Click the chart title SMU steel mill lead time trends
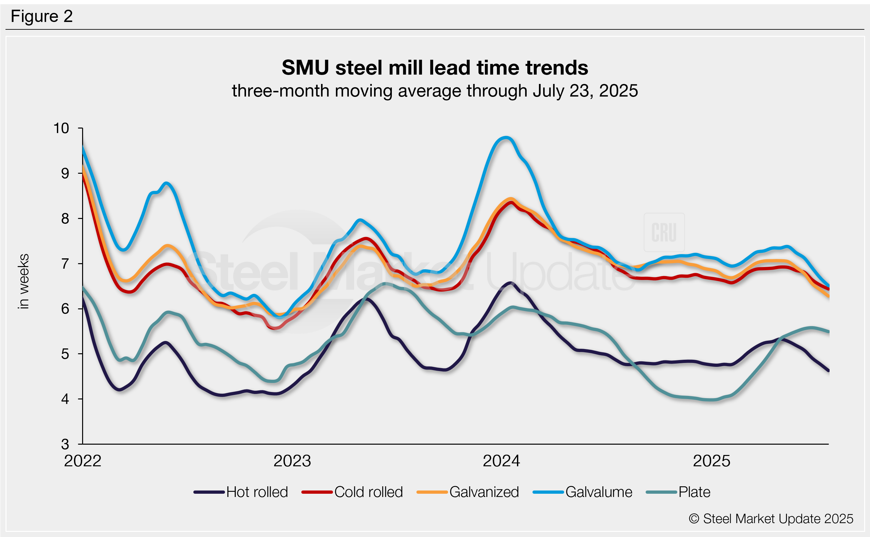point(435,67)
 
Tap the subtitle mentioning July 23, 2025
point(435,91)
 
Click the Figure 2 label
point(42,16)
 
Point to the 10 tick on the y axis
point(61,128)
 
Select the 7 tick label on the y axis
point(65,264)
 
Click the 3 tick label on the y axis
point(65,444)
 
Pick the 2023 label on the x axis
point(292,461)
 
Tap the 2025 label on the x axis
point(712,461)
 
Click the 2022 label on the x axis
point(82,461)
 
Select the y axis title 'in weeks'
point(24,281)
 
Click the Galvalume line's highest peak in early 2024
point(506,138)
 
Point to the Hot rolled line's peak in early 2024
point(510,283)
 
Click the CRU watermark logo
point(664,232)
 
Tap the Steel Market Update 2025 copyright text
point(771,519)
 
